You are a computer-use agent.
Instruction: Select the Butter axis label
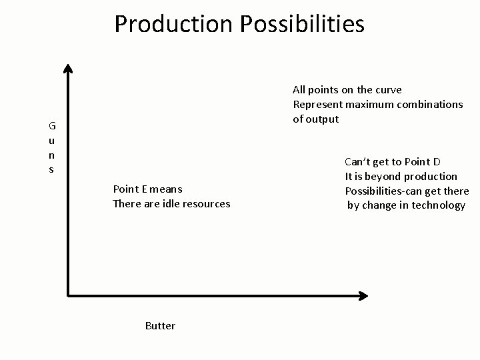coord(160,325)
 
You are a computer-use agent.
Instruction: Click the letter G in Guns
coord(51,125)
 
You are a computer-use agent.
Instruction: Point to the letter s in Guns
coord(51,169)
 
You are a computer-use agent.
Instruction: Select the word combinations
coord(424,104)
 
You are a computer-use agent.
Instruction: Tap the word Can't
coord(359,161)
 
